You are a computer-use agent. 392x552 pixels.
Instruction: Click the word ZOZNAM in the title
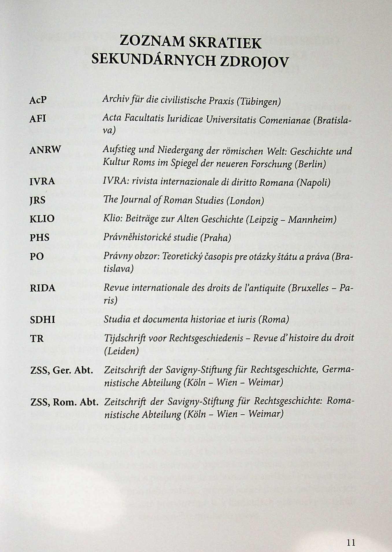pos(152,41)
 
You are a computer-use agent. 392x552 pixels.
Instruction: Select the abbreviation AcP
pos(38,100)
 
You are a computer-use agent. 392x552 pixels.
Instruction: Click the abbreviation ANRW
pos(45,150)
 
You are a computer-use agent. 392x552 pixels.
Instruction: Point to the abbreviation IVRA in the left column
pos(42,181)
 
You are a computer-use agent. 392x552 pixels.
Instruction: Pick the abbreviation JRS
pos(38,200)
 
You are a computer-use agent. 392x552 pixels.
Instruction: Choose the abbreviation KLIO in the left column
pos(42,219)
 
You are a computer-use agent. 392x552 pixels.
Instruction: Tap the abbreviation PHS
pos(40,237)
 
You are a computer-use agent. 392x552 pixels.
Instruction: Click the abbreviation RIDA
pos(42,288)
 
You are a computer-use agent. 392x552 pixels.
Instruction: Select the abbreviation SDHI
pos(42,320)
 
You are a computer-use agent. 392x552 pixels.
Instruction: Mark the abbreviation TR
pos(37,338)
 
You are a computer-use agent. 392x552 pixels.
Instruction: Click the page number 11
pos(351,542)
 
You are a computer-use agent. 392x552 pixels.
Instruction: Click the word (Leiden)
pos(121,351)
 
